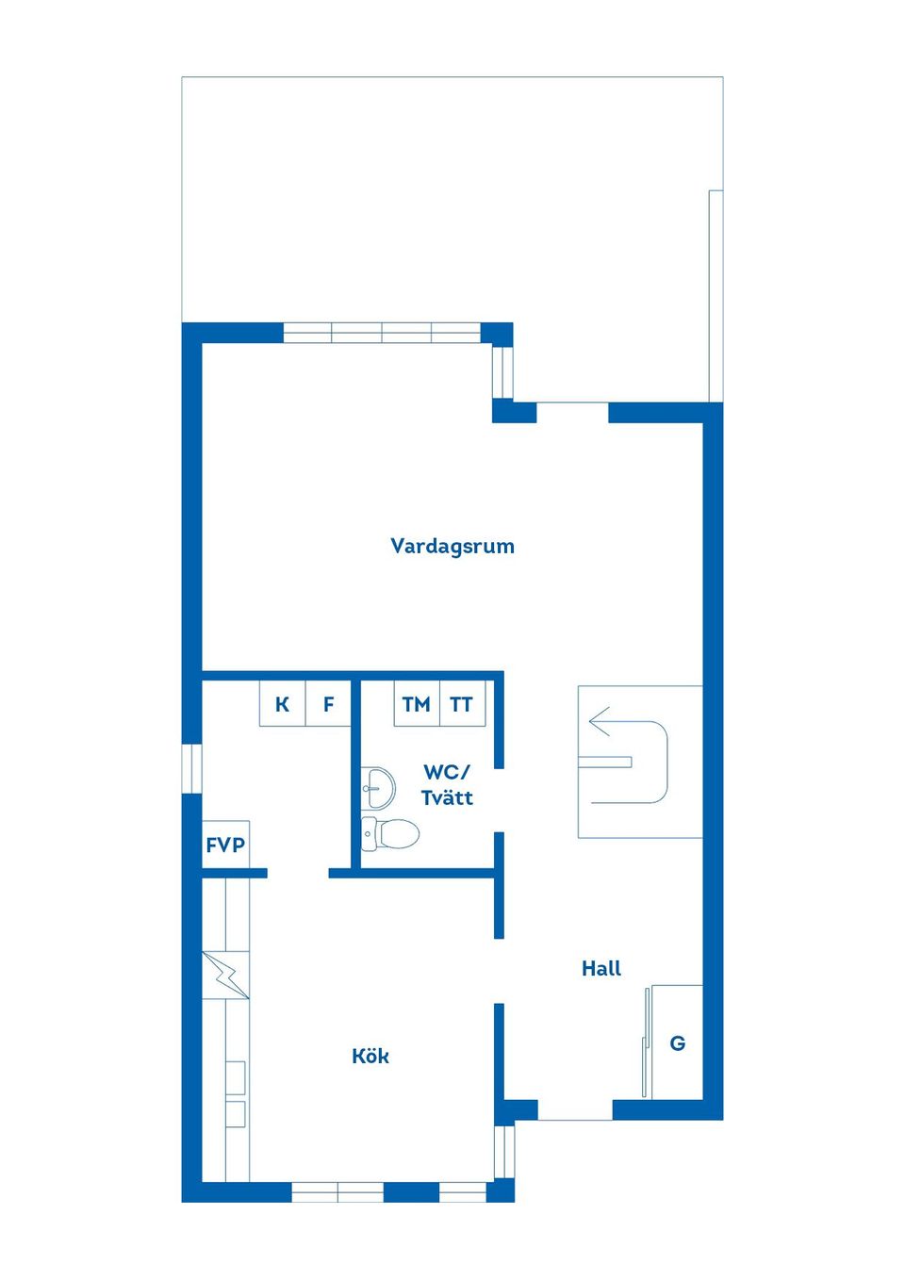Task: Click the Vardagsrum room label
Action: tap(452, 547)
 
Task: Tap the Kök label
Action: tap(370, 1056)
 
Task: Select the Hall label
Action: tap(601, 969)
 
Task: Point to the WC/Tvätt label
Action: tap(447, 784)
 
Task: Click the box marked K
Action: tap(283, 703)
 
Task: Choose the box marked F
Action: tap(328, 703)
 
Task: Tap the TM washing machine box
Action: tap(417, 703)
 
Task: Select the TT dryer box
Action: tap(463, 703)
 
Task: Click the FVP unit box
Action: tap(225, 845)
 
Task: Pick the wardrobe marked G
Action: tap(677, 1043)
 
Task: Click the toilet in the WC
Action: tap(390, 834)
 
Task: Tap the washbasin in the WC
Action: tap(378, 787)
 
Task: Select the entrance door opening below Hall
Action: tap(575, 1110)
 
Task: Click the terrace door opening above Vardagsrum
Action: tap(572, 413)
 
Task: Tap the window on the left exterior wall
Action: tap(192, 768)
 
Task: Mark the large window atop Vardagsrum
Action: tap(382, 333)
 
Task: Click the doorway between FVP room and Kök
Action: tap(298, 873)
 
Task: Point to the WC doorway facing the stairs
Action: tap(499, 800)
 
